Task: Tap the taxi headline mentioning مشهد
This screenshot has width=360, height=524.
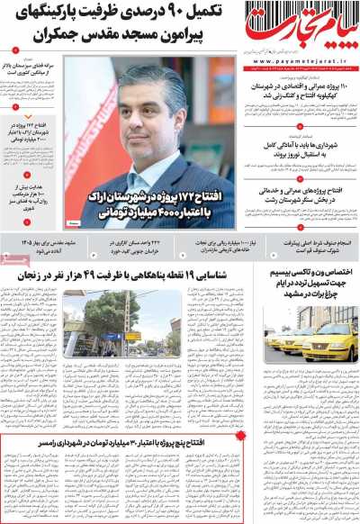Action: [301, 292]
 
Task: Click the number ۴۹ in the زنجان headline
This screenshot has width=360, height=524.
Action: [114, 279]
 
